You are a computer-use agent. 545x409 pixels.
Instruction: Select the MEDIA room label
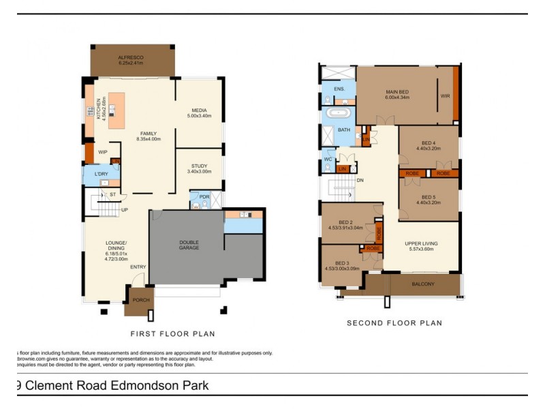coord(199,110)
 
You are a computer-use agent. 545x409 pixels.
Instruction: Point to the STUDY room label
coord(199,166)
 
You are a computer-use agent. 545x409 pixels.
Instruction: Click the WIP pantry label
coord(102,152)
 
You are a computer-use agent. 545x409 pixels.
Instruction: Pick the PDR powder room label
coord(204,196)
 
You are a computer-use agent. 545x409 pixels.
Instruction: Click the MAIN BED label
coord(396,91)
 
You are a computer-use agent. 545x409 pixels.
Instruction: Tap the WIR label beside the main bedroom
coord(445,96)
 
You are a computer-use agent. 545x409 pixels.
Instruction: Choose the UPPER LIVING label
coord(421,243)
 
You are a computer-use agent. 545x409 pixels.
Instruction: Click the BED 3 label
coord(343,263)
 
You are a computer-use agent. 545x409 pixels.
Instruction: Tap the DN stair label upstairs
coord(360,181)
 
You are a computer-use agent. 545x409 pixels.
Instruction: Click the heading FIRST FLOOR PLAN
coord(172,334)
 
